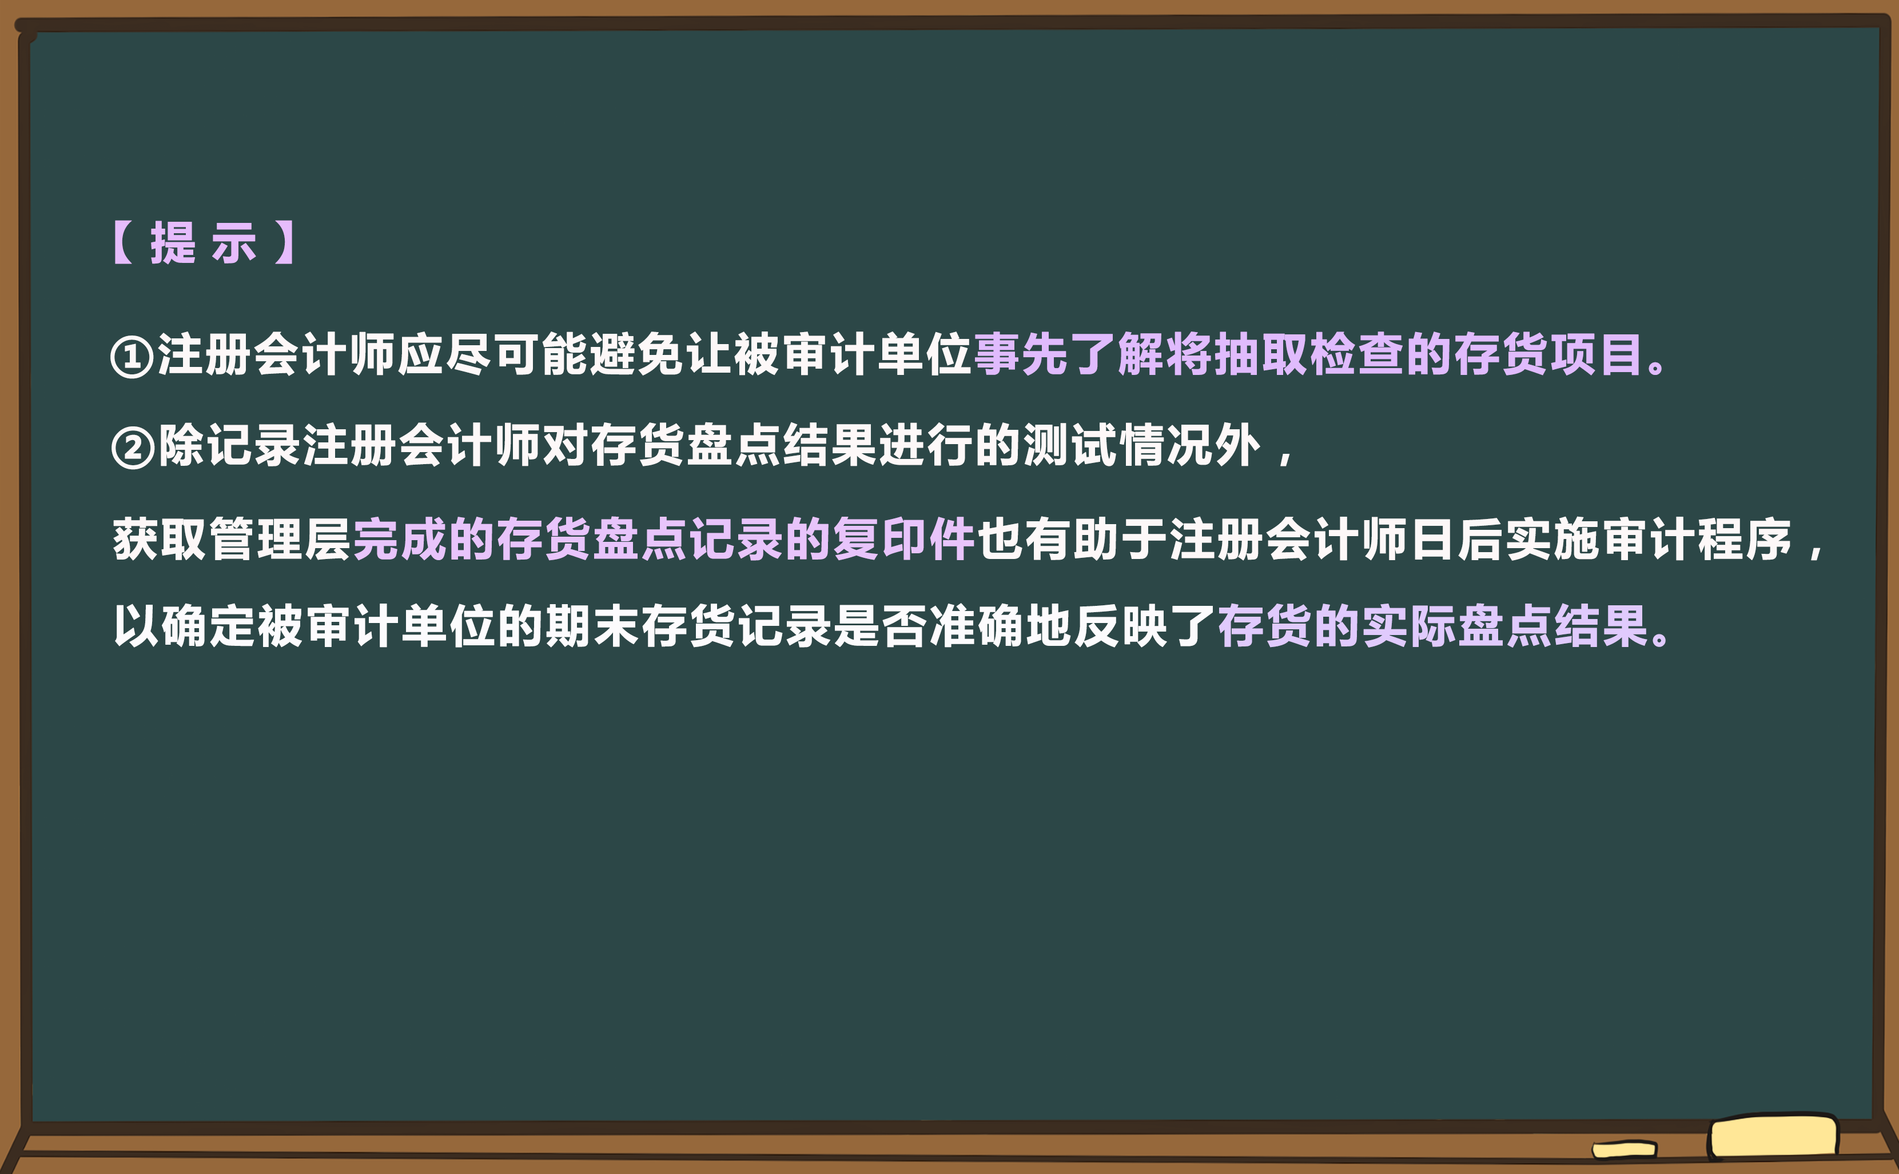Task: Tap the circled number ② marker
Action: [133, 448]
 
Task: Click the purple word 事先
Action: [1021, 355]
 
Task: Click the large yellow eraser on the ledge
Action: [1773, 1137]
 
